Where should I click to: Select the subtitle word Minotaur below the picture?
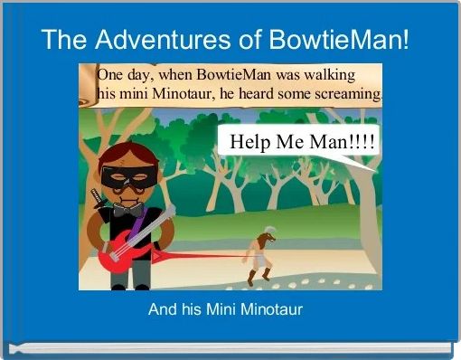point(268,310)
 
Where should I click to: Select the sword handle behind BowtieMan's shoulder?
point(93,194)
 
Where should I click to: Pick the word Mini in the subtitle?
point(218,310)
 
